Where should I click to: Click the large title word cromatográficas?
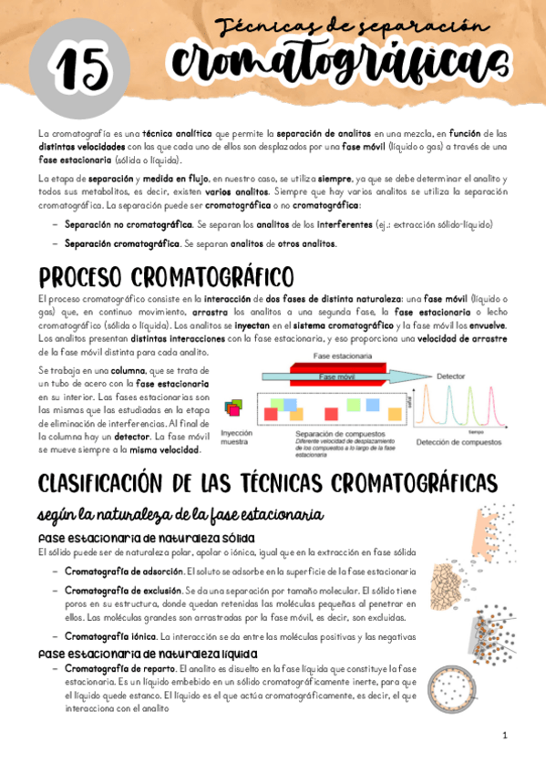tap(336, 63)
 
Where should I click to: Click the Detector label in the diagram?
tap(450, 375)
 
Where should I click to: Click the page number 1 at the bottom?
tap(504, 735)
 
